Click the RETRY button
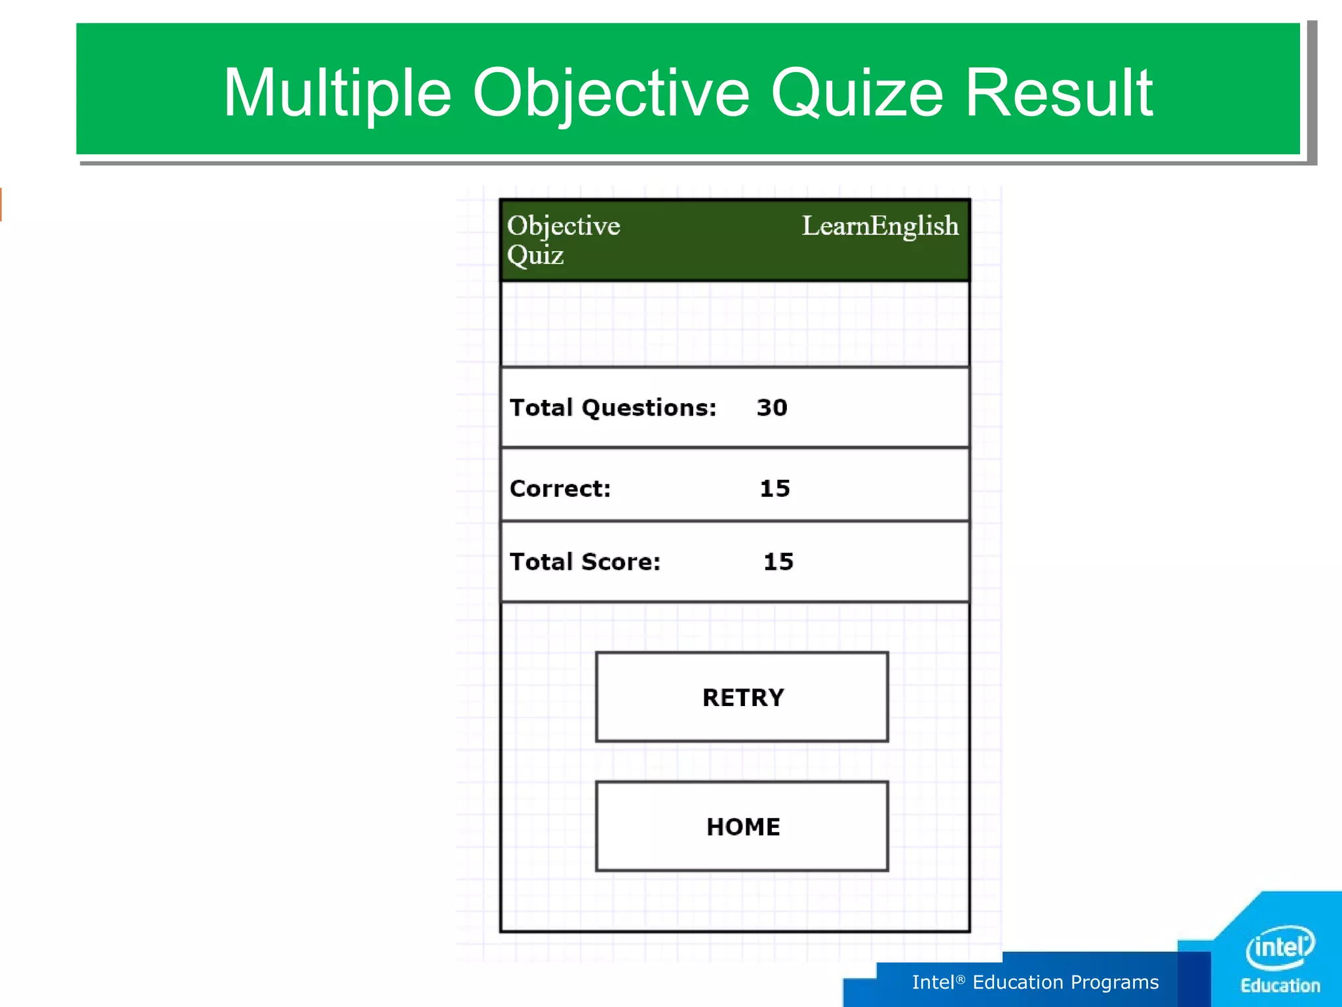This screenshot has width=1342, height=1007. (742, 697)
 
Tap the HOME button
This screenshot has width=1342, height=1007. (742, 826)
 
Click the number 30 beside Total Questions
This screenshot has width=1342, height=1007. (772, 408)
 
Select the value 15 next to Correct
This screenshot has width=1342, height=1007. (775, 488)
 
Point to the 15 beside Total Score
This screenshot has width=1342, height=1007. (778, 562)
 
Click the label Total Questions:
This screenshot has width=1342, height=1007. (613, 408)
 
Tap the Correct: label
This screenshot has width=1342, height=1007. (560, 488)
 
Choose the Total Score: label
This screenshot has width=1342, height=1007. (585, 562)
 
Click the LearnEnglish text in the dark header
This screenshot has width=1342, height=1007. (880, 226)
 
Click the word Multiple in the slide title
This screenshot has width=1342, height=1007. (337, 93)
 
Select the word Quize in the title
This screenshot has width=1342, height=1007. (857, 93)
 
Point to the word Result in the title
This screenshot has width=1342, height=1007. (1059, 93)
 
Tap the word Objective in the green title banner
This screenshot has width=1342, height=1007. (611, 93)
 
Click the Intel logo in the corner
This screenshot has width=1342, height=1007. (1280, 947)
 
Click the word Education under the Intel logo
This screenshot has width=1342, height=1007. (1280, 986)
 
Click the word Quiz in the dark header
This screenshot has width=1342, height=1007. (535, 255)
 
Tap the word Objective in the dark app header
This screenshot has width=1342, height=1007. (564, 226)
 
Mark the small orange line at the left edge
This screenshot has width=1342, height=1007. (1, 204)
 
